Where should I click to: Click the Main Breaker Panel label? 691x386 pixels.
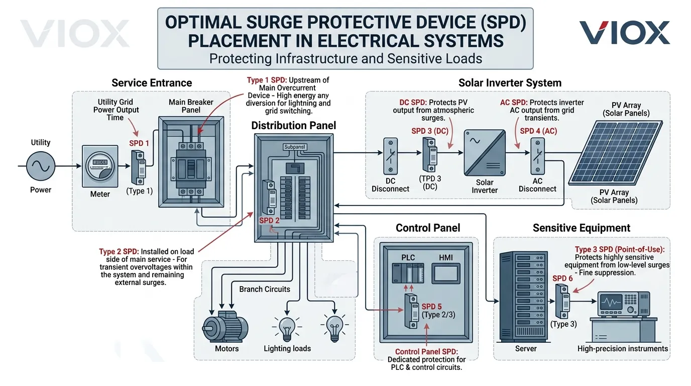tap(191, 106)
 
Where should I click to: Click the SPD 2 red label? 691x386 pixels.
tap(270, 221)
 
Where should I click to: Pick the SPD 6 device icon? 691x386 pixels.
tap(562, 302)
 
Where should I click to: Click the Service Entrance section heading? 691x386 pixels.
tap(152, 83)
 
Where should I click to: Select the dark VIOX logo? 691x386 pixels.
tap(624, 33)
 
